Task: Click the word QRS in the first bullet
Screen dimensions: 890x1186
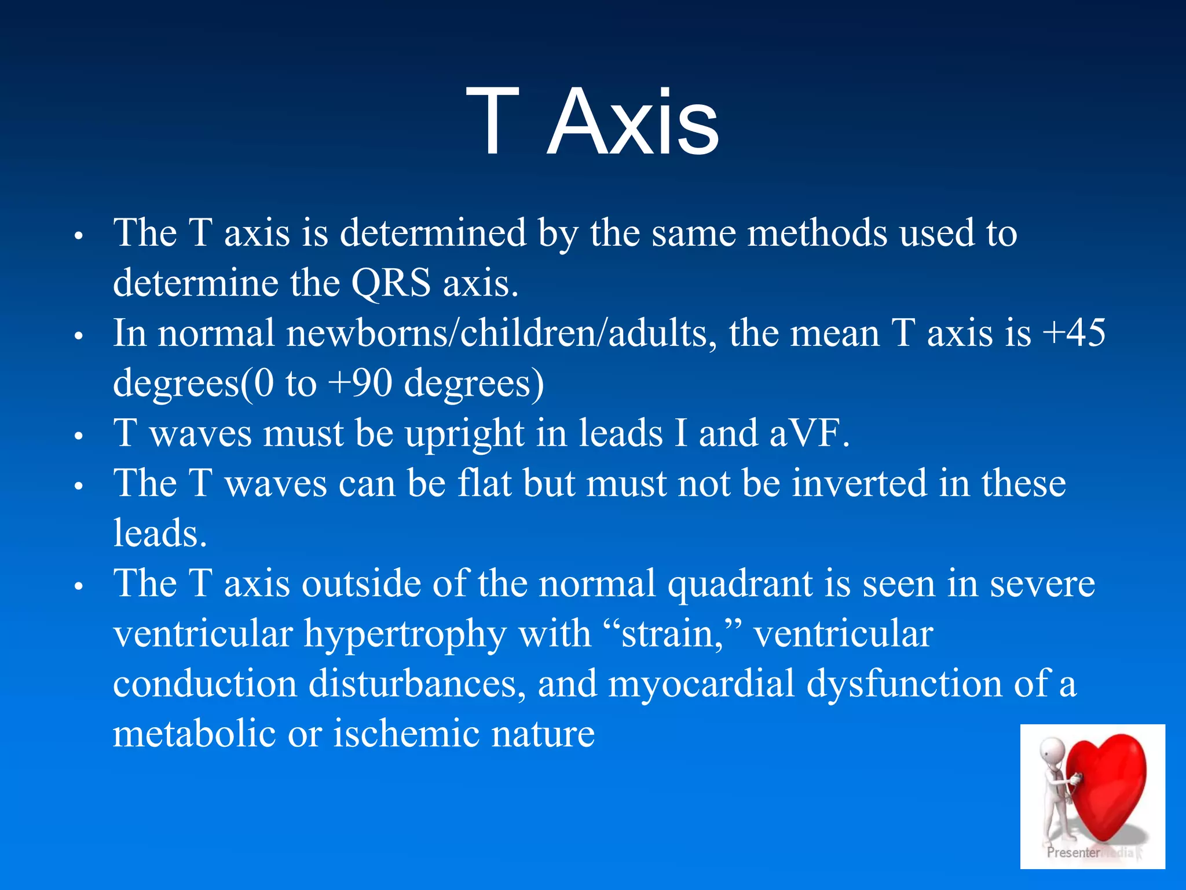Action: tap(391, 283)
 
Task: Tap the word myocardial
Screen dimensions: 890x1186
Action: tap(701, 684)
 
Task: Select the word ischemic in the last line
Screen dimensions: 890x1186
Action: tap(406, 734)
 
